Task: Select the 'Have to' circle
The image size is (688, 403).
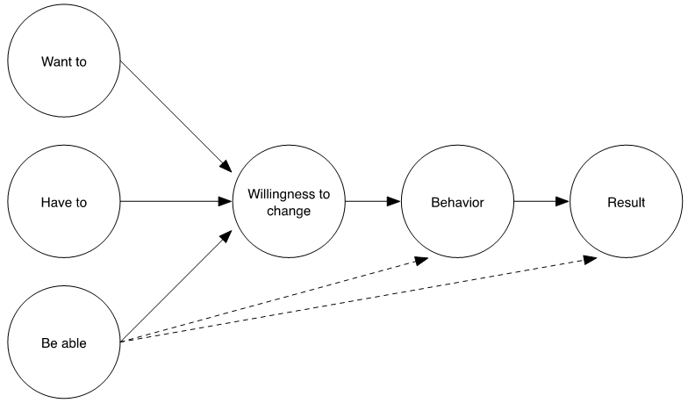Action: (63, 202)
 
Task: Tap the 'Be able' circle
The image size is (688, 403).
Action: (63, 342)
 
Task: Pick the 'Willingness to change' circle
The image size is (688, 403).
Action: (289, 202)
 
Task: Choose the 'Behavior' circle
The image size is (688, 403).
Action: (457, 202)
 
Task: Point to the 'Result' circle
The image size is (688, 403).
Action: (626, 202)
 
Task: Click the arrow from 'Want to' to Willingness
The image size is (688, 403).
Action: (176, 114)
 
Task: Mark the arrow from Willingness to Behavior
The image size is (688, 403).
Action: (373, 202)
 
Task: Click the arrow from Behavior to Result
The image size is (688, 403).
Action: (541, 202)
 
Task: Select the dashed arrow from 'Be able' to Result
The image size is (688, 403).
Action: (351, 300)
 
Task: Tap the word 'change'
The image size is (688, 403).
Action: (289, 211)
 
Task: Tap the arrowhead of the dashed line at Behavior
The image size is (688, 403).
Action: (424, 259)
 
